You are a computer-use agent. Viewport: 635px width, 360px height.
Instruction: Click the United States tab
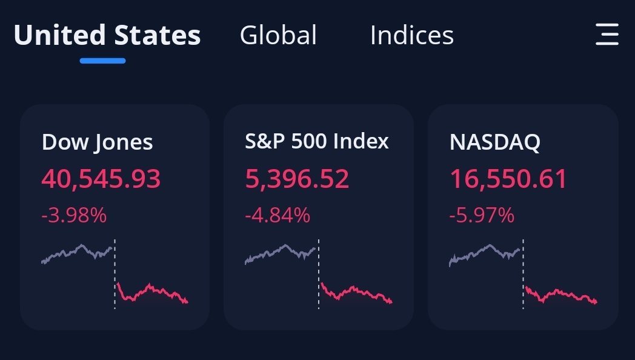[x=107, y=35]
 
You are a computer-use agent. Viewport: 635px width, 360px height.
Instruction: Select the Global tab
[x=278, y=35]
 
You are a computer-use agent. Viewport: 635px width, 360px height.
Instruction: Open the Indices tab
[x=411, y=35]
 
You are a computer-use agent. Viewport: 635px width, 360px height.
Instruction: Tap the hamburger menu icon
[x=607, y=35]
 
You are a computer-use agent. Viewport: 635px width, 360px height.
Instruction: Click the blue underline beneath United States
[x=102, y=61]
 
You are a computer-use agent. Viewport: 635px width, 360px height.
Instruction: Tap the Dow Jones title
[x=97, y=142]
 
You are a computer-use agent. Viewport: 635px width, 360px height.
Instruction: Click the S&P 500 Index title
[x=317, y=141]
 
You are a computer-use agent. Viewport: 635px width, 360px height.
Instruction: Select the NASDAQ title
[x=495, y=142]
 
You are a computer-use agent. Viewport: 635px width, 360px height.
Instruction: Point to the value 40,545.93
[x=101, y=179]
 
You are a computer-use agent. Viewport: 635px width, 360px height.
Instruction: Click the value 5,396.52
[x=297, y=179]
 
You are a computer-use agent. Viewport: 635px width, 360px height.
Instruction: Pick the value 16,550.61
[x=508, y=179]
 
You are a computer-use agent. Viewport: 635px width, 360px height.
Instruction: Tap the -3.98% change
[x=74, y=215]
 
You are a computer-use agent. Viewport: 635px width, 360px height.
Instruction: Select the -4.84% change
[x=278, y=215]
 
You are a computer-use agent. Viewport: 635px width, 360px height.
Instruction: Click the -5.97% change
[x=482, y=215]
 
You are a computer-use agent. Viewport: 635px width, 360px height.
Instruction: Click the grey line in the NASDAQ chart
[x=485, y=251]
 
